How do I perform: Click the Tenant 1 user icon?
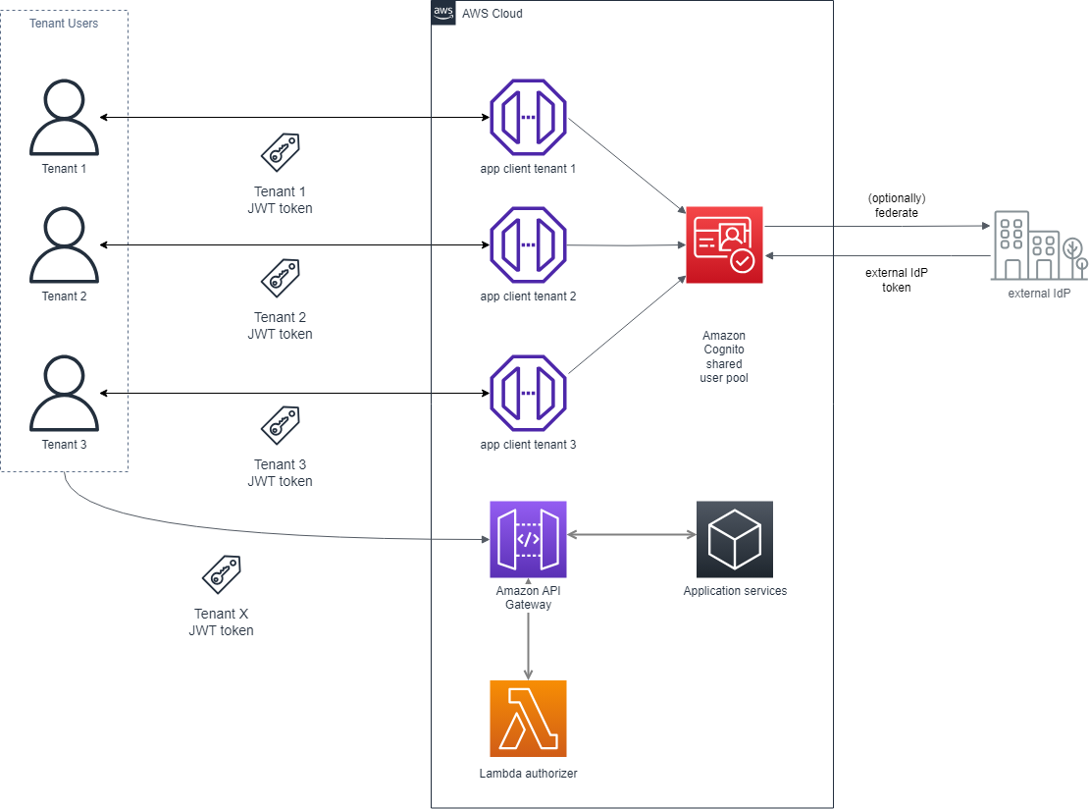[64, 117]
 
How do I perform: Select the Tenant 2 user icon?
[64, 244]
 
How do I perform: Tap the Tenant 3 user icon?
[64, 394]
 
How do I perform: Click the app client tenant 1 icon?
[528, 117]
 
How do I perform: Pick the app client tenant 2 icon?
[528, 244]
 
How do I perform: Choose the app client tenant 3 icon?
[528, 394]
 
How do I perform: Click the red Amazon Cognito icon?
[724, 245]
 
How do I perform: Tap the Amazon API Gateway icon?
[528, 539]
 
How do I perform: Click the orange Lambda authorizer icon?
[528, 718]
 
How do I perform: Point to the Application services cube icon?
[734, 539]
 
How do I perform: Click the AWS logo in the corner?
[443, 12]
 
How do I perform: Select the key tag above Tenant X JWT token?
[222, 574]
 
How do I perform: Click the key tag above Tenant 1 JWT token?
[281, 152]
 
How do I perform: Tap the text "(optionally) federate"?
[896, 205]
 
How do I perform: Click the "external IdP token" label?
[896, 280]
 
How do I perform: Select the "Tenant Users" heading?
[64, 24]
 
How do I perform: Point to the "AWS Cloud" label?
[492, 14]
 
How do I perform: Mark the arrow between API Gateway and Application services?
[631, 535]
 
